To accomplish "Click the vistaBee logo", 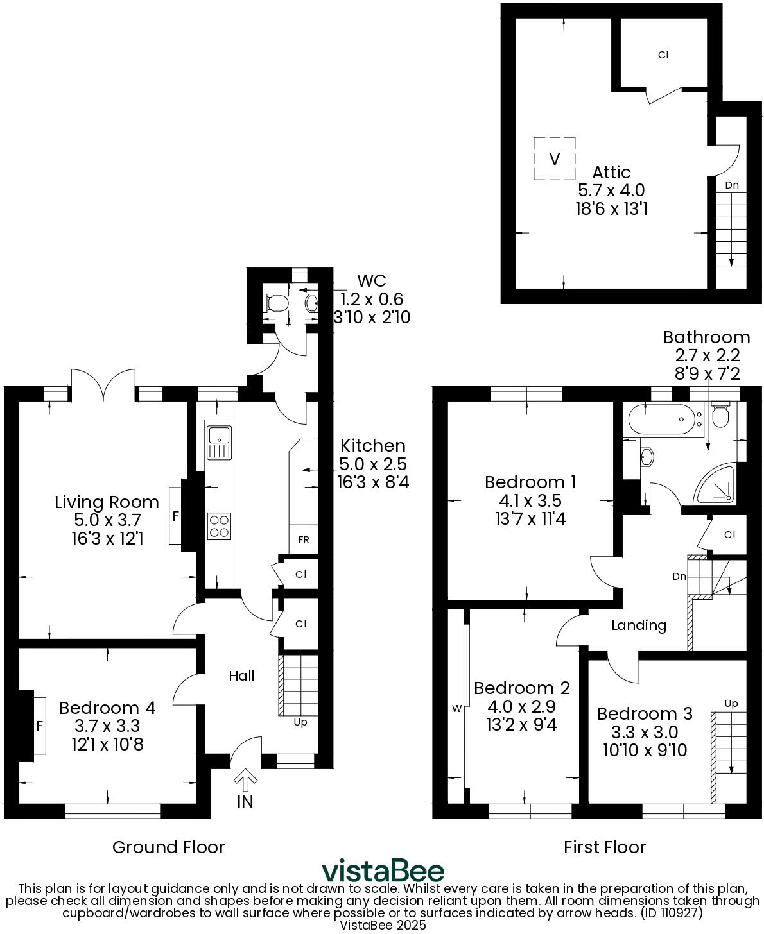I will [383, 871].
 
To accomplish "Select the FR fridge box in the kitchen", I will [303, 539].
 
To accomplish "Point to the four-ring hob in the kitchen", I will [219, 526].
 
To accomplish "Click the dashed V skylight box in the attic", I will [554, 158].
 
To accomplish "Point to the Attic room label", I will [611, 172].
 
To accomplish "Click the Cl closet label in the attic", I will [663, 55].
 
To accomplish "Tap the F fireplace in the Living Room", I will [175, 516].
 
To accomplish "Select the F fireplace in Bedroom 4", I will [40, 726].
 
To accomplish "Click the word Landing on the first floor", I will [638, 625].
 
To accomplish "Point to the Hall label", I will [242, 675].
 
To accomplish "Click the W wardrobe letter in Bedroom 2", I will [457, 709].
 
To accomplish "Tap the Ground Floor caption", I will [168, 847].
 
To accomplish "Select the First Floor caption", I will [604, 847].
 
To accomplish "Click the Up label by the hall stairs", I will [300, 722].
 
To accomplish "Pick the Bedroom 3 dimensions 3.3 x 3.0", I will [645, 732].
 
